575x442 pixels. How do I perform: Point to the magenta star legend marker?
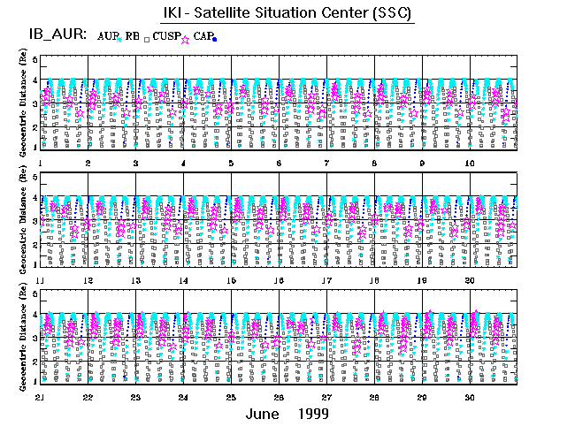185,38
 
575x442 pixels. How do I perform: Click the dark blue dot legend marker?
215,39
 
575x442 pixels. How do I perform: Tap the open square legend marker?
146,39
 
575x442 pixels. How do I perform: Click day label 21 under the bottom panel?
40,397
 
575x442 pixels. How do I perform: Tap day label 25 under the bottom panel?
231,397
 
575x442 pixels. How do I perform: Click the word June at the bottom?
264,414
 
